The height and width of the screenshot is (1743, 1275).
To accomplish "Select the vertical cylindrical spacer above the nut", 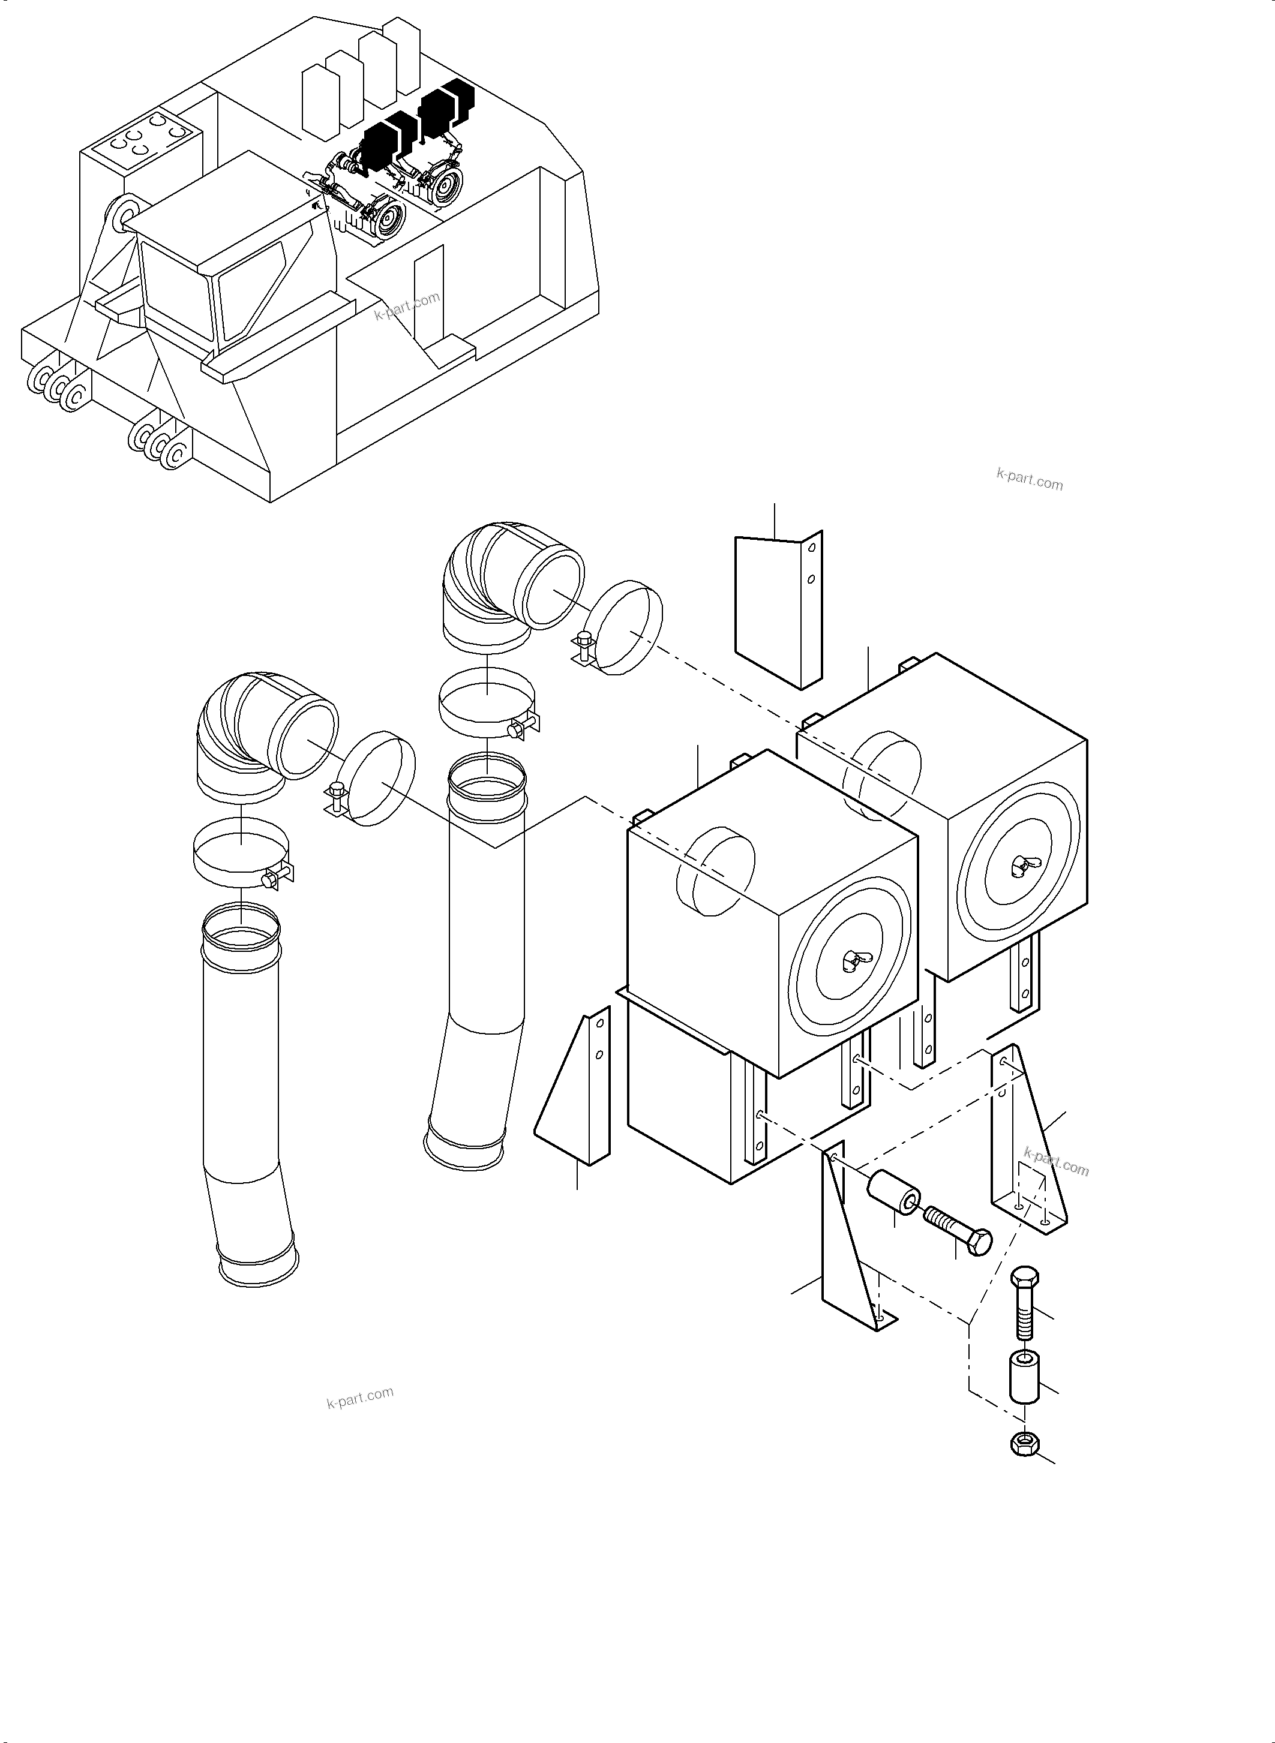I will coord(1024,1377).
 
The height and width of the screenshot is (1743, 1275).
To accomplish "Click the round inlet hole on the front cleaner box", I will coord(714,870).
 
